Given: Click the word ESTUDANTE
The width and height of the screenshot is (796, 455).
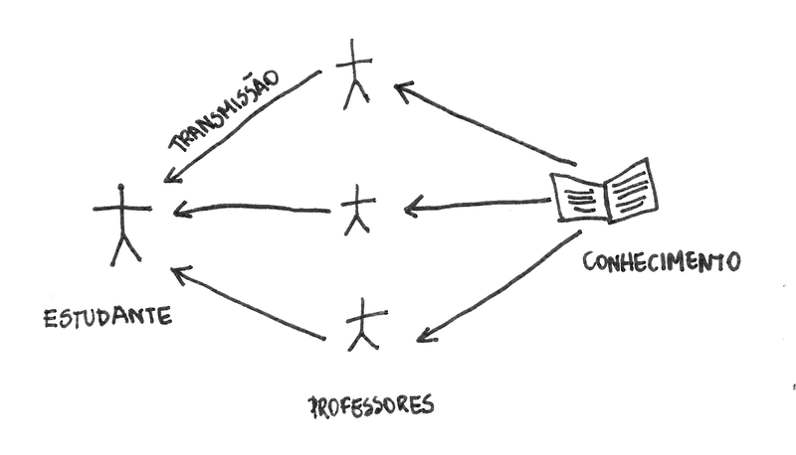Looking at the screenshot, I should coord(107,318).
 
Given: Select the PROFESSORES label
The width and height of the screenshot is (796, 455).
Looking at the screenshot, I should coord(371,405).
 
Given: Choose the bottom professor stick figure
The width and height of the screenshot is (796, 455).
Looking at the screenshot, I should coord(363,325).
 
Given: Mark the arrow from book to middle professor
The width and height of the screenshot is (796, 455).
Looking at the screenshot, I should coord(478,206).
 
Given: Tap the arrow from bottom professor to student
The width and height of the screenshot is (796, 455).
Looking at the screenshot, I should coord(249,303).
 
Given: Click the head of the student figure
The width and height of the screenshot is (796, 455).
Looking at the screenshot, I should coord(121,188).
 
